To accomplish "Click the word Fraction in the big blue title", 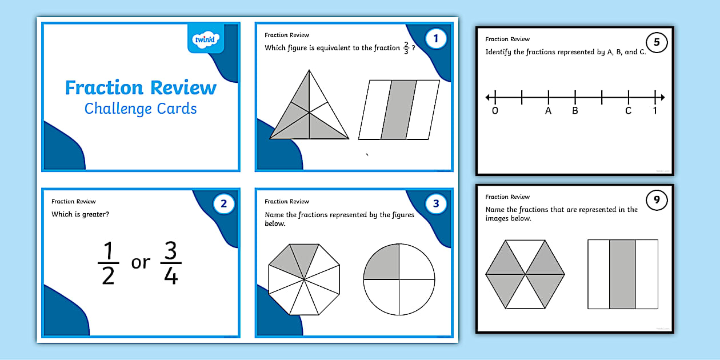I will click(104, 88).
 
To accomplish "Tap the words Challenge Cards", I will click(141, 109).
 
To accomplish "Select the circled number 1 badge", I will click(436, 39).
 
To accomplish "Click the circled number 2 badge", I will click(223, 203).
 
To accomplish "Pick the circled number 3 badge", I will click(436, 203).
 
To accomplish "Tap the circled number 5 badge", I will click(657, 42).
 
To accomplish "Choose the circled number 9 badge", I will click(657, 200).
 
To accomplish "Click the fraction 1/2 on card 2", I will click(108, 262).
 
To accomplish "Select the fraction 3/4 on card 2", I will click(171, 262).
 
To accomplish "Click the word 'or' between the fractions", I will click(141, 263).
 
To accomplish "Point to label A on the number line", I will click(549, 111).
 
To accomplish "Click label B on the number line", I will click(575, 111).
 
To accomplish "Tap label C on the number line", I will click(628, 111).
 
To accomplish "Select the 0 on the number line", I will click(495, 111).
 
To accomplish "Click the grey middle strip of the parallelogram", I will click(399, 110).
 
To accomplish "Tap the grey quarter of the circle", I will click(382, 262).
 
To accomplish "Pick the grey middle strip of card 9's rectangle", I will click(622, 274).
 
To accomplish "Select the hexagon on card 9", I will click(525, 274).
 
